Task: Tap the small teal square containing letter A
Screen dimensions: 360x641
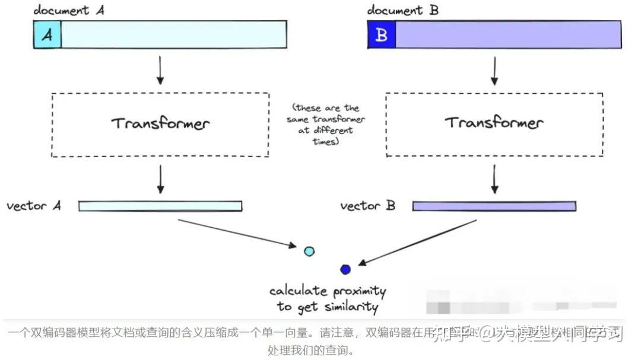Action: [x=47, y=34]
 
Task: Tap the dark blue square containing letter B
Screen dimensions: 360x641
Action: [x=382, y=34]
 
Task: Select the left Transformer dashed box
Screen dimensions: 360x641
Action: [x=160, y=125]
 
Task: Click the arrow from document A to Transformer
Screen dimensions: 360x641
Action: [x=159, y=71]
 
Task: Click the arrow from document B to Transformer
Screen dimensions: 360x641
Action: [x=494, y=71]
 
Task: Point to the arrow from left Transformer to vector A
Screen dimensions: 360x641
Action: [x=160, y=179]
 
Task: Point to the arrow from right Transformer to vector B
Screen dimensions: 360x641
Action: [x=494, y=179]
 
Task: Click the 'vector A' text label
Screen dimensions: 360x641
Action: [x=34, y=206]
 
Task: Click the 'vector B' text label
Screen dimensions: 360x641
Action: [x=368, y=206]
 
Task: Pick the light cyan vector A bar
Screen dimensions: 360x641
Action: [x=160, y=206]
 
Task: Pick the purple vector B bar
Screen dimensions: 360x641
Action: [x=494, y=206]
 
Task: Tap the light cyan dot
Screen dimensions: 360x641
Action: [x=309, y=251]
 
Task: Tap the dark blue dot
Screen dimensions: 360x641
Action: [x=345, y=269]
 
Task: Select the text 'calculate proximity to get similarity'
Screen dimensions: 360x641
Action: [x=327, y=299]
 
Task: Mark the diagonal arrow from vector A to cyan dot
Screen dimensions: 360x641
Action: [x=237, y=232]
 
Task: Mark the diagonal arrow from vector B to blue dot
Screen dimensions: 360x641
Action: [x=418, y=243]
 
